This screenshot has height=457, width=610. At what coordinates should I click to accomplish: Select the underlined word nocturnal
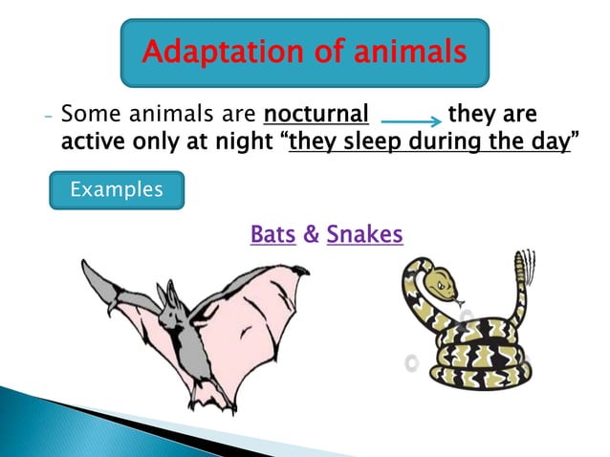316,116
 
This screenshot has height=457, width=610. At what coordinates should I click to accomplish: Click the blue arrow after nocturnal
410,121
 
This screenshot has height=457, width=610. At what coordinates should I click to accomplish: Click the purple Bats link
272,234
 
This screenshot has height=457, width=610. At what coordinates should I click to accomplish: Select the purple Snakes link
364,234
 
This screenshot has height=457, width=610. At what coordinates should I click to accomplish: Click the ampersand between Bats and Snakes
311,234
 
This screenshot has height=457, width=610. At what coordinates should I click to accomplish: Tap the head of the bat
170,306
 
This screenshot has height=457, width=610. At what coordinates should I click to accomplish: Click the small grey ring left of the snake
411,362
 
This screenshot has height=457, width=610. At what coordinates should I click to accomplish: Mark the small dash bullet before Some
47,117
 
